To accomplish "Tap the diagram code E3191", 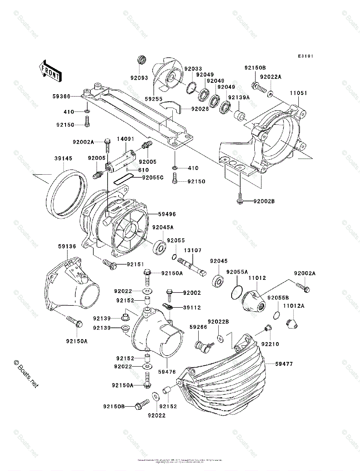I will (x=305, y=57).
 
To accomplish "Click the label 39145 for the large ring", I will (x=63, y=159).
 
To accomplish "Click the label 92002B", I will (x=264, y=201).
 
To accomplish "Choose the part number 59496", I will (x=167, y=214).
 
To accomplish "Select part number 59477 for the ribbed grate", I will (x=284, y=364).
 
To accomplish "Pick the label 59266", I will (x=198, y=327).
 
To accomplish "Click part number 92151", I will (x=135, y=264).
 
